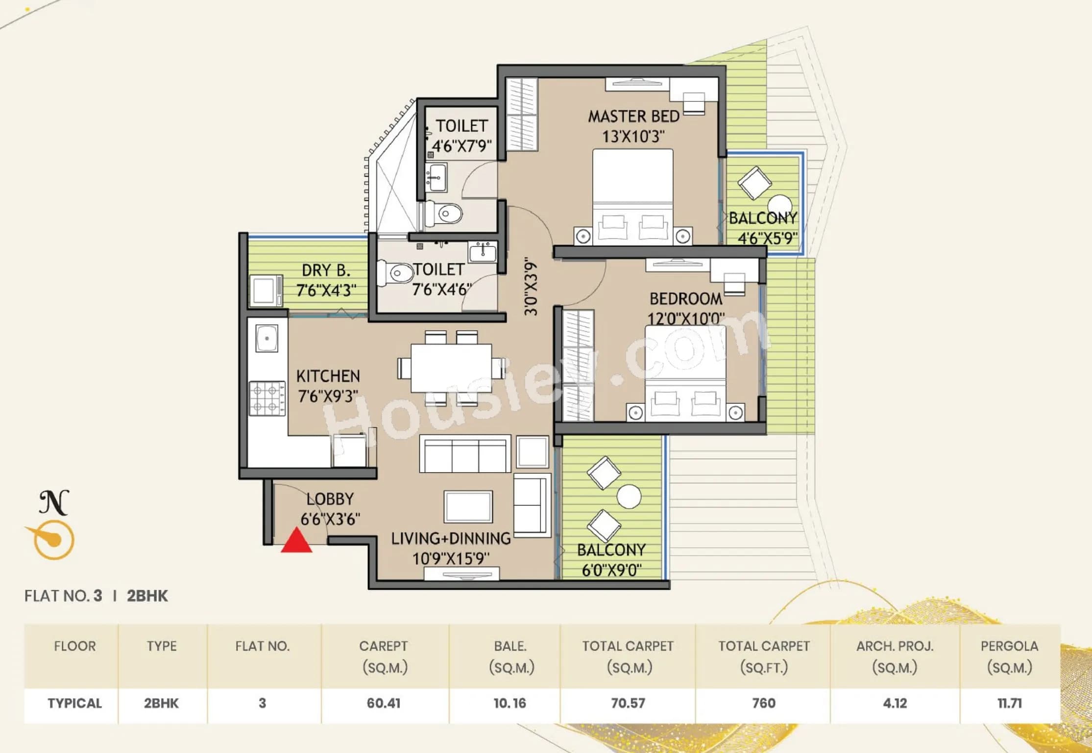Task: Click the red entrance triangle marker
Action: pos(296,542)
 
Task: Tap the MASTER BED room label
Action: pos(633,117)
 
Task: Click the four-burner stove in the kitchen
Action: pos(267,398)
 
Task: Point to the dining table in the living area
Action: pos(451,367)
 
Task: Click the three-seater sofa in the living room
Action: pos(465,454)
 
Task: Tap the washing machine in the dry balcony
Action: pos(266,291)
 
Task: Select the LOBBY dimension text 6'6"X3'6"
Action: pos(330,519)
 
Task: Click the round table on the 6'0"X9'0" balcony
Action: pos(629,496)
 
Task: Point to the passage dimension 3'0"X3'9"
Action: pos(531,287)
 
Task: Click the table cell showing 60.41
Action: pos(384,703)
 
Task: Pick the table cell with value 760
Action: pos(763,703)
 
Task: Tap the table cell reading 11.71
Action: pos(1009,703)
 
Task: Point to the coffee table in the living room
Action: pos(468,507)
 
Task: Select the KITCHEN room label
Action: pos(328,376)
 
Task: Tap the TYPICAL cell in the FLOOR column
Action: pos(74,703)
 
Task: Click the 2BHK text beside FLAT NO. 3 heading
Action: pos(147,596)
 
